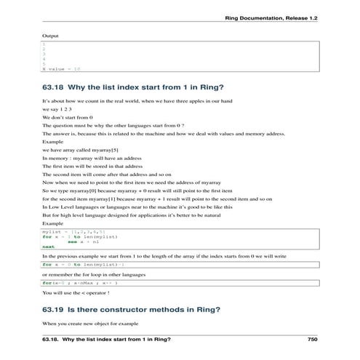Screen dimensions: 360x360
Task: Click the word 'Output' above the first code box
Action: [x=50, y=35]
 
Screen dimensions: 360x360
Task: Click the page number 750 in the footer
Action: [x=313, y=340]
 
